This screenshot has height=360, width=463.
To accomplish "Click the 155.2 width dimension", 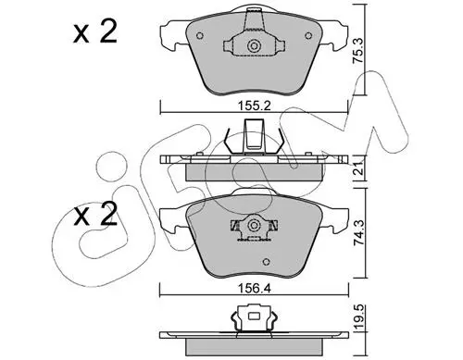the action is [254, 106].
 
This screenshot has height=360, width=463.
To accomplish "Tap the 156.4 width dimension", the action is [254, 289].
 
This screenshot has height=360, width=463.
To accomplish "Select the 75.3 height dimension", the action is [358, 51].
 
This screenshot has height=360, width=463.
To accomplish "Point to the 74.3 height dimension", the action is [358, 232].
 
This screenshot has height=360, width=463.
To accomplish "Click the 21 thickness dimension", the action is [358, 168].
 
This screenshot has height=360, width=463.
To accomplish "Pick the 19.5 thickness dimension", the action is [358, 317].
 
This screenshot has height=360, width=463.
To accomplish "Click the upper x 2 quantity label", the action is [95, 31].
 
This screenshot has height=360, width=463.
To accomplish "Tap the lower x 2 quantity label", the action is [95, 214].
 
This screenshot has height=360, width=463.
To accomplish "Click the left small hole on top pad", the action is [200, 36].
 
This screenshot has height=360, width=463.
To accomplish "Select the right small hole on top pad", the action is [308, 36].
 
